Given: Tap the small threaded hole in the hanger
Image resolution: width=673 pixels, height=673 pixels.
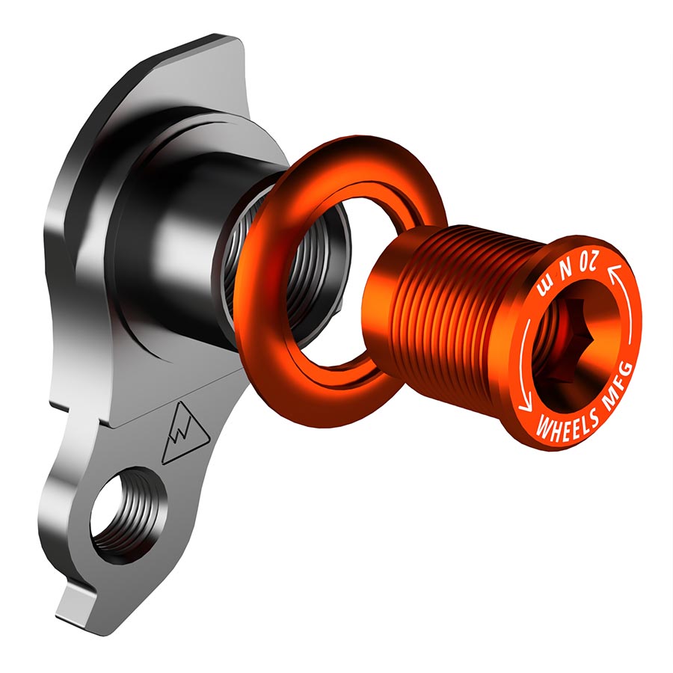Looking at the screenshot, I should (124, 516).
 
